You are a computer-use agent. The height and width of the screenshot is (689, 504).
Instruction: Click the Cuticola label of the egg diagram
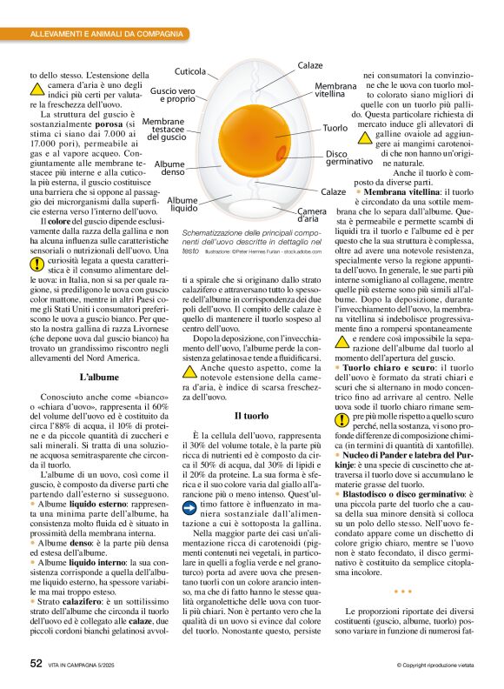point(190,71)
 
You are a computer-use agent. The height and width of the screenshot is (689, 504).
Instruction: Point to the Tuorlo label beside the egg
point(335,129)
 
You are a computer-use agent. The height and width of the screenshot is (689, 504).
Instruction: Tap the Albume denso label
point(172,168)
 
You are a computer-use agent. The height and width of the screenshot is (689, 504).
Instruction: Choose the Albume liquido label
point(182,204)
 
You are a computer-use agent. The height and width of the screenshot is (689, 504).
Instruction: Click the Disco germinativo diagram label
point(349,158)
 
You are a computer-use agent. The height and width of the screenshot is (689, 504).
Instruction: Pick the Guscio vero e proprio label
point(173,95)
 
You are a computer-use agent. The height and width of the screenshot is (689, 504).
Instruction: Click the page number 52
point(36,663)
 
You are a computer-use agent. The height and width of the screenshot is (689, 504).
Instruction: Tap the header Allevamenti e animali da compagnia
point(108,34)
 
